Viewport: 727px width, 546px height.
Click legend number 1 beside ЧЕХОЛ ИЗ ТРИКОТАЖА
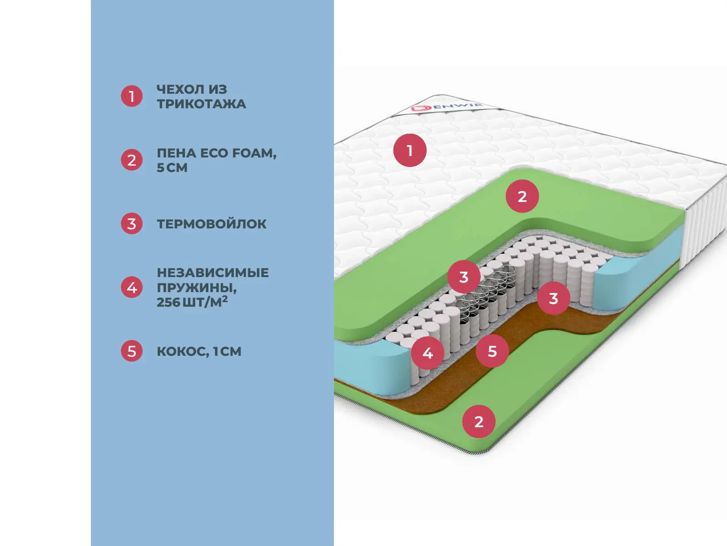pos(132,96)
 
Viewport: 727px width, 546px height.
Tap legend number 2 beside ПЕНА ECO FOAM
pos(132,160)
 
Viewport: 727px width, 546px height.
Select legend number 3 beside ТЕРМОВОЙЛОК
pos(132,224)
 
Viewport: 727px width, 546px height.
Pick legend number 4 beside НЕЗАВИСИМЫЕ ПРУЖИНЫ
pos(132,288)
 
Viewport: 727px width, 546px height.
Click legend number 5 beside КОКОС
pos(132,351)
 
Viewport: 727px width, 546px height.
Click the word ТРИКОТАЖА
pos(201,104)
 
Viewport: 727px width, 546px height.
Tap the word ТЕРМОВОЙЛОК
pos(211,224)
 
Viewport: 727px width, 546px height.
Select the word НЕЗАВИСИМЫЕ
pos(213,273)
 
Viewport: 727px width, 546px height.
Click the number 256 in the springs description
pos(168,302)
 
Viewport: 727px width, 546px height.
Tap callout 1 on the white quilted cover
pos(410,150)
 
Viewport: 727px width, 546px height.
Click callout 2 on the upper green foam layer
pos(523,197)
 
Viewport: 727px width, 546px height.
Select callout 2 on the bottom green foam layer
pos(479,421)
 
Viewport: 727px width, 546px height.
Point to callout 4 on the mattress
pos(428,353)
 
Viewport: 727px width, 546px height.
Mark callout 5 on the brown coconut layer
pos(492,351)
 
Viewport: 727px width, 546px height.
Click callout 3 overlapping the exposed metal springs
pos(463,277)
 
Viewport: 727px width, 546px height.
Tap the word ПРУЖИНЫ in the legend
pos(196,288)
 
